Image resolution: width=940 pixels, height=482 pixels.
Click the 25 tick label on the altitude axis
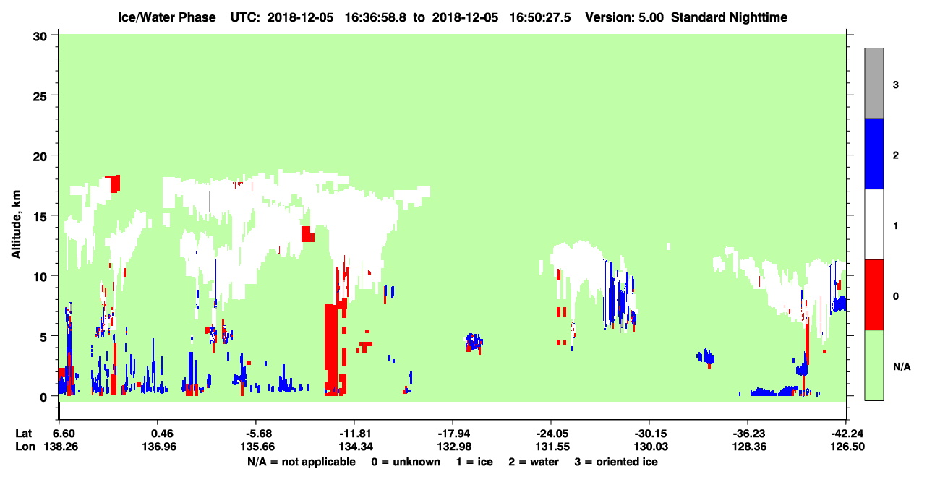[x=40, y=97]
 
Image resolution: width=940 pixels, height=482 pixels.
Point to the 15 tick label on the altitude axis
[x=40, y=218]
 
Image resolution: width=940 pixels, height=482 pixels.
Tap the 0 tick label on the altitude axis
[x=43, y=397]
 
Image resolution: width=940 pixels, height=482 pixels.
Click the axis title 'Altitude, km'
[x=16, y=224]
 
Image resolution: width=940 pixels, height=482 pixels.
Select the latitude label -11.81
[x=356, y=434]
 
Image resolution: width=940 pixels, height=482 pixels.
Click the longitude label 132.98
[x=454, y=447]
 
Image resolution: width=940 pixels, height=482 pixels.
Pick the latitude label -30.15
[x=651, y=434]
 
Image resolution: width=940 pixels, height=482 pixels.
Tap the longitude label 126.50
[x=847, y=447]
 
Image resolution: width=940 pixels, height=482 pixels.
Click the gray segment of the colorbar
[x=874, y=83]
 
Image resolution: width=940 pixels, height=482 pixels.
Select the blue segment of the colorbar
[x=874, y=153]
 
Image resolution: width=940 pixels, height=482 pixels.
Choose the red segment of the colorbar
[x=874, y=295]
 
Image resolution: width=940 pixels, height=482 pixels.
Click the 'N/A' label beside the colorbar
[x=902, y=367]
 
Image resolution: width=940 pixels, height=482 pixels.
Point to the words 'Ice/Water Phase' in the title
[x=166, y=17]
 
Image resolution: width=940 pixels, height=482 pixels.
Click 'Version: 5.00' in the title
[x=625, y=17]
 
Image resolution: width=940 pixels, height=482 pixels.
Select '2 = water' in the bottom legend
[x=534, y=462]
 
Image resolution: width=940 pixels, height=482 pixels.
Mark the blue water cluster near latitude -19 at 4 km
[x=474, y=343]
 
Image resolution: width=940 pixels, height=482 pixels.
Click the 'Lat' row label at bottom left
[x=23, y=434]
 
